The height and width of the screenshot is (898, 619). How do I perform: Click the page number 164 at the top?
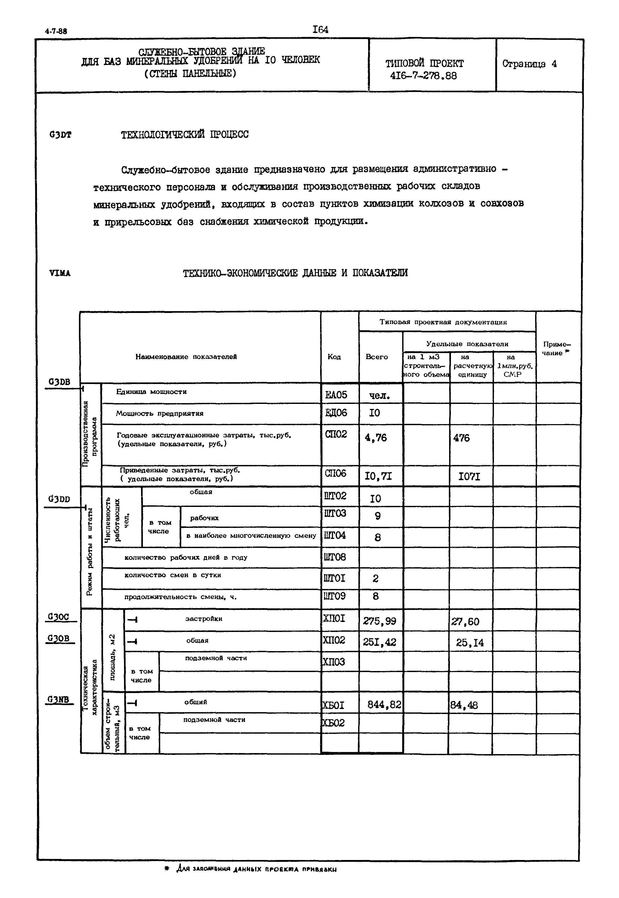(x=320, y=29)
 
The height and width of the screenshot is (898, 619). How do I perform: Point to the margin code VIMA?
(x=60, y=273)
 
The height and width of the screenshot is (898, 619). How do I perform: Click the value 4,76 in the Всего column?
(x=375, y=437)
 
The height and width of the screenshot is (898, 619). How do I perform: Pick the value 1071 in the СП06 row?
(x=469, y=477)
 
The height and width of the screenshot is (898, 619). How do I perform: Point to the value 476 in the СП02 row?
(x=461, y=438)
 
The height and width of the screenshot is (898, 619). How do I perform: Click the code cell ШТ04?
(x=335, y=535)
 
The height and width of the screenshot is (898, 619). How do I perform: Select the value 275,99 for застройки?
(x=379, y=621)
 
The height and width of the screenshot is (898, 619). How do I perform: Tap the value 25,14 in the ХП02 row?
(x=470, y=643)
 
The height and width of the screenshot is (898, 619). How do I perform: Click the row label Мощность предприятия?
(x=159, y=413)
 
